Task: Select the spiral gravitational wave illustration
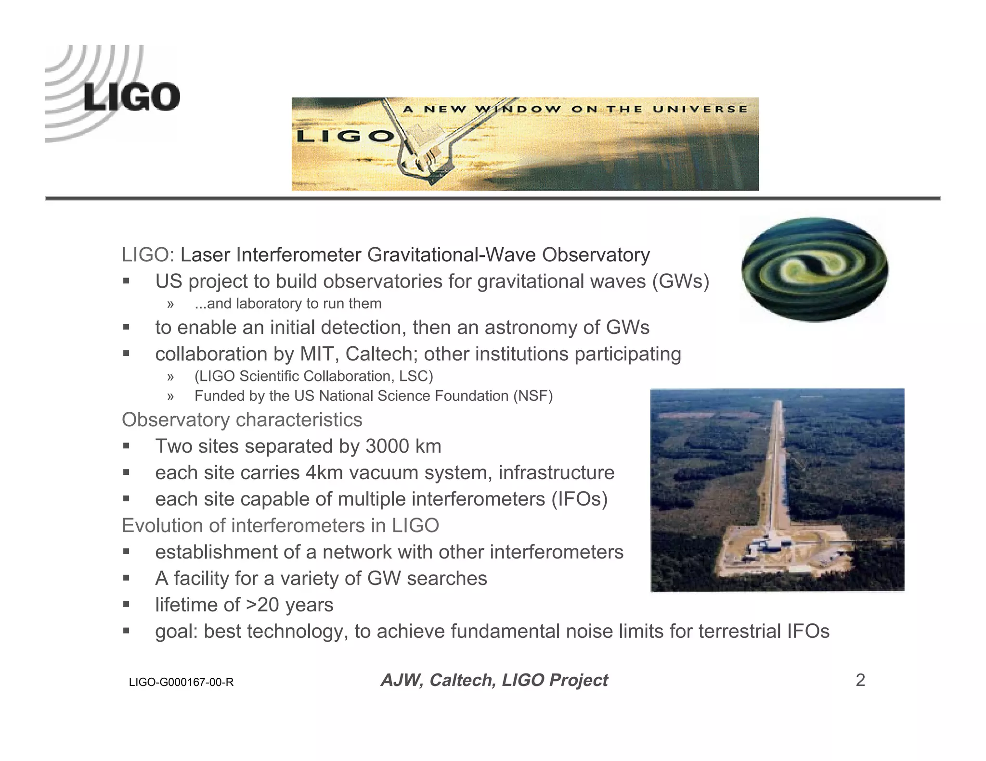(814, 269)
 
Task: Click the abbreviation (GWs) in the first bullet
(680, 281)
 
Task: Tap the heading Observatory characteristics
(242, 420)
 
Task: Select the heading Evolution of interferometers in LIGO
(280, 526)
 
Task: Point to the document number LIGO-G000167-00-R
(181, 682)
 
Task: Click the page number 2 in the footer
(860, 680)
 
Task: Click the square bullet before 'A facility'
(126, 578)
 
